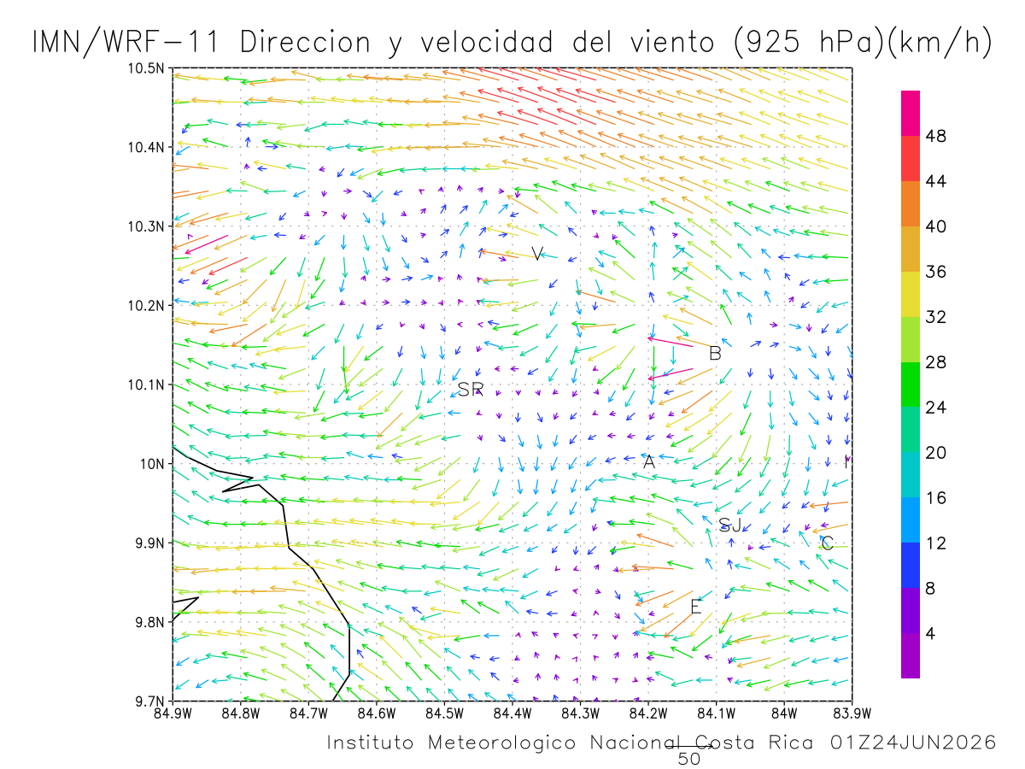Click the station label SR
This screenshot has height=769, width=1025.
[x=470, y=389]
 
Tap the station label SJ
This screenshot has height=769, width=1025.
[x=729, y=525]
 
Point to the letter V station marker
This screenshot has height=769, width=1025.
[x=537, y=254]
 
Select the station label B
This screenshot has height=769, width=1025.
[x=715, y=354]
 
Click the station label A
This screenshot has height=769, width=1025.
[x=648, y=461]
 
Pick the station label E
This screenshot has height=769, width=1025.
[x=696, y=607]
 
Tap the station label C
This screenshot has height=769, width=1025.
[x=827, y=543]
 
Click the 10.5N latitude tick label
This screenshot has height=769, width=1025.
[x=146, y=68]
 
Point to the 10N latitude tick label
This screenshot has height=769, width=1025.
[x=152, y=464]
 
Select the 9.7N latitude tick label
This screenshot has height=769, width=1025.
[x=149, y=701]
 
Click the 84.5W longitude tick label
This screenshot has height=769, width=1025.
[x=444, y=714]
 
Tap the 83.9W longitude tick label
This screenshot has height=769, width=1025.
[x=852, y=714]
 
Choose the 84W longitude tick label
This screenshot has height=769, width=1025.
[x=784, y=714]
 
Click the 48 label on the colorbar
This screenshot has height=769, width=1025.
[x=936, y=136]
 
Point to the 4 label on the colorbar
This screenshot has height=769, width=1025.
[x=930, y=634]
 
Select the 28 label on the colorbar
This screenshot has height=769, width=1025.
[x=936, y=361]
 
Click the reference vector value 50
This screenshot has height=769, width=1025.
[x=688, y=759]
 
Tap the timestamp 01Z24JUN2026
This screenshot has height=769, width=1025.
[x=913, y=743]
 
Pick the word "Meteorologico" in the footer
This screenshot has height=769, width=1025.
[x=501, y=743]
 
